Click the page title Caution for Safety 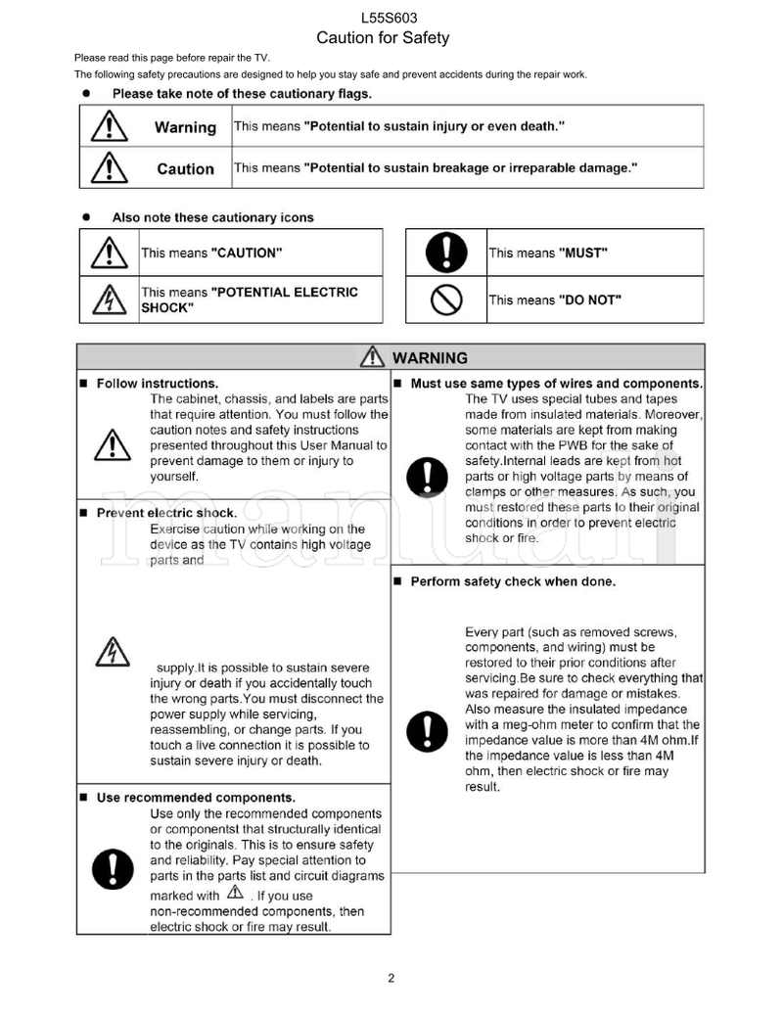[x=383, y=38]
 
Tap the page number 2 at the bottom [x=391, y=978]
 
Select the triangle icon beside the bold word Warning [x=109, y=126]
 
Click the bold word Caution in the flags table [x=185, y=168]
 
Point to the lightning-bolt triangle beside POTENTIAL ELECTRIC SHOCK [x=109, y=299]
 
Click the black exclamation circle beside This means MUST [x=446, y=253]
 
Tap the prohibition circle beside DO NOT [x=446, y=300]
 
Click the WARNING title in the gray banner [x=430, y=357]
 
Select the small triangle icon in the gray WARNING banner [x=372, y=357]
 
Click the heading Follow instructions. [x=157, y=384]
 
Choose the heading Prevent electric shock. [x=166, y=513]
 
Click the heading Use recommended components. [x=196, y=798]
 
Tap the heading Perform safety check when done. [x=513, y=581]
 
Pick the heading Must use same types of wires [x=556, y=384]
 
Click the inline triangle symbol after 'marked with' [x=236, y=893]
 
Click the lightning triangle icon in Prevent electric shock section [x=112, y=652]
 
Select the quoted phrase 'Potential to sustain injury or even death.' [x=435, y=126]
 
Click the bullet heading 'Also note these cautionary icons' [x=212, y=217]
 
